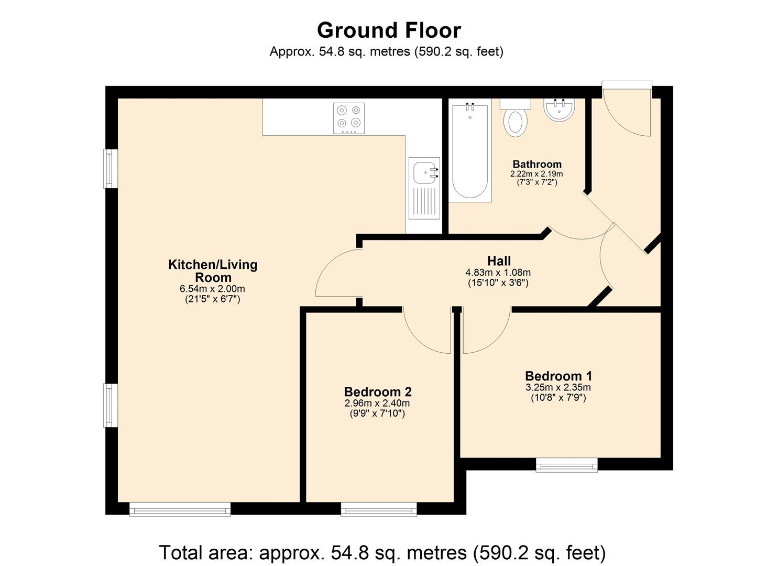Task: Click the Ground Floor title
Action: [x=389, y=30]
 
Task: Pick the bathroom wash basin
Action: [x=560, y=110]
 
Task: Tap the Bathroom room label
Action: [x=536, y=164]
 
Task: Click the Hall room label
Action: [x=498, y=261]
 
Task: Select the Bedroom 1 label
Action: [x=558, y=376]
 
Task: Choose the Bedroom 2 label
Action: [x=378, y=391]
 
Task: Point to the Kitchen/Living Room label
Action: [x=213, y=271]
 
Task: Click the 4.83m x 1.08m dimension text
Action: [x=498, y=273]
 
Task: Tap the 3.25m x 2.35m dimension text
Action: [x=558, y=388]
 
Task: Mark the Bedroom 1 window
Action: [x=566, y=464]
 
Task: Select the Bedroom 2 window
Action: [x=379, y=509]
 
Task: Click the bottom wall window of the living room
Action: [x=180, y=509]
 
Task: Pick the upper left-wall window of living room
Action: [x=110, y=169]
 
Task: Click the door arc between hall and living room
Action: [x=335, y=273]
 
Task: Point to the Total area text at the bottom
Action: [x=382, y=552]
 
